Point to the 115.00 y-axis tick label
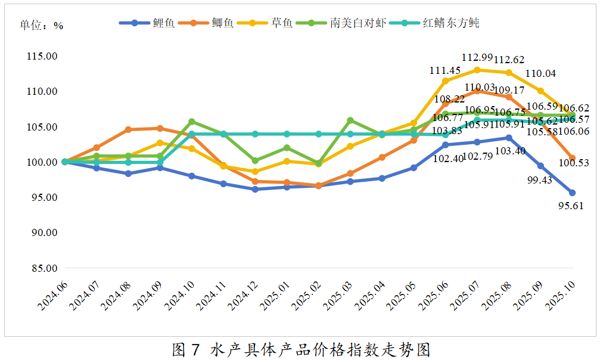[x=42, y=56]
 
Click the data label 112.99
[x=477, y=57]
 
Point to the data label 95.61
[x=570, y=206]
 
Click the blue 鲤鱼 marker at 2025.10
[x=572, y=193]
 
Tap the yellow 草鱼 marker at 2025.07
[x=477, y=70]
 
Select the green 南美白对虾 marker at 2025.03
[x=350, y=120]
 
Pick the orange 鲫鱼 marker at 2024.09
[x=160, y=128]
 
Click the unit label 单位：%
[x=41, y=26]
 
